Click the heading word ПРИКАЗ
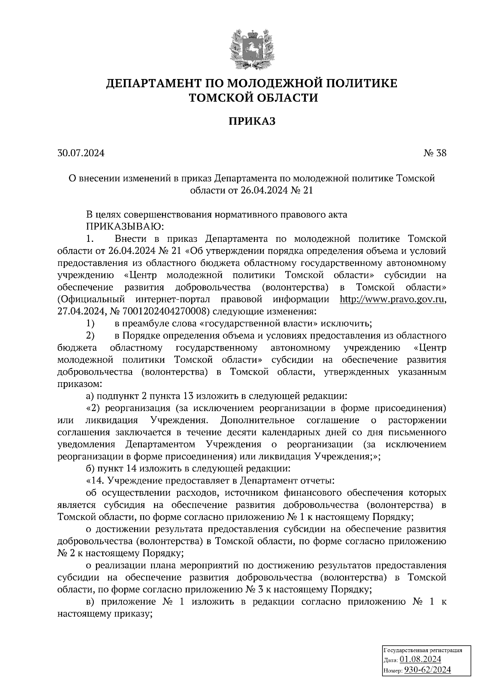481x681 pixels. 252,122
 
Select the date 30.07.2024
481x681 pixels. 81,153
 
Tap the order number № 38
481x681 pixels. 435,153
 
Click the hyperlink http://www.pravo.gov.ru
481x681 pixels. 392,300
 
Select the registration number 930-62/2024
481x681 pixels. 427,670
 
